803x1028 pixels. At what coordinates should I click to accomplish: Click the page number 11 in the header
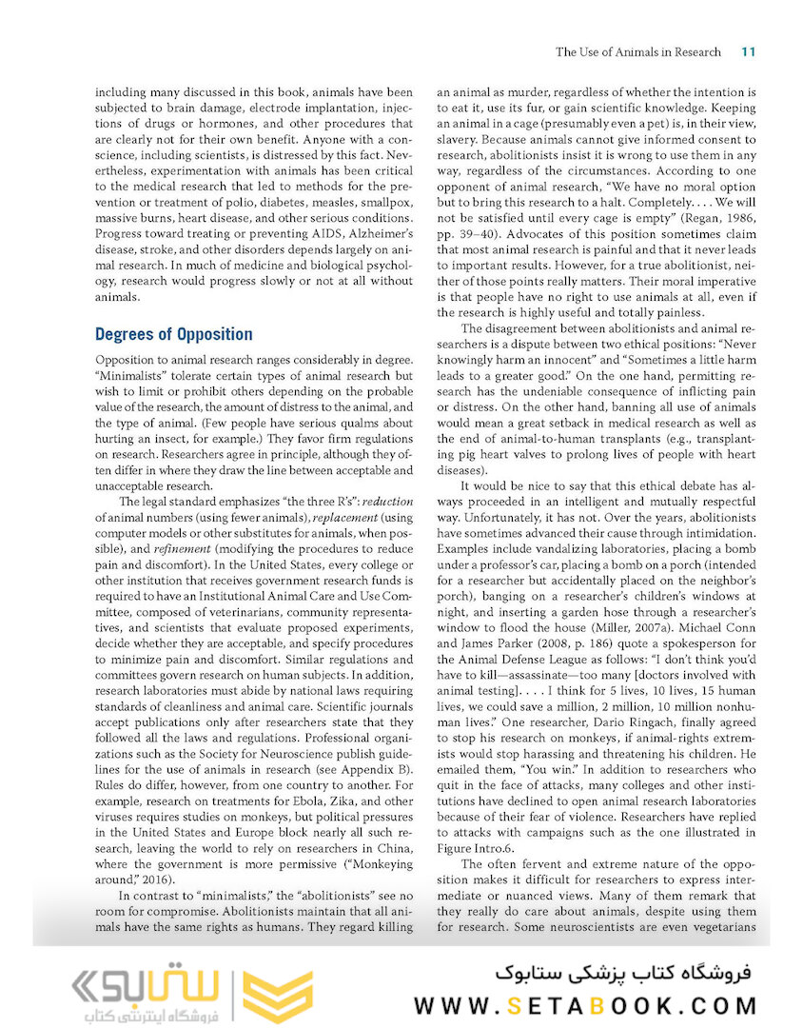pos(748,51)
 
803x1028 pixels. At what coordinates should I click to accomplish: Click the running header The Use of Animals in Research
pos(638,51)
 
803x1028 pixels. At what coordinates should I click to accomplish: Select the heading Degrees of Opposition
pos(174,334)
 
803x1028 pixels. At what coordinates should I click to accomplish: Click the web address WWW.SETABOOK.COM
pos(585,1005)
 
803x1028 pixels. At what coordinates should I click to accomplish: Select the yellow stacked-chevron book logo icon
pos(277,997)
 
